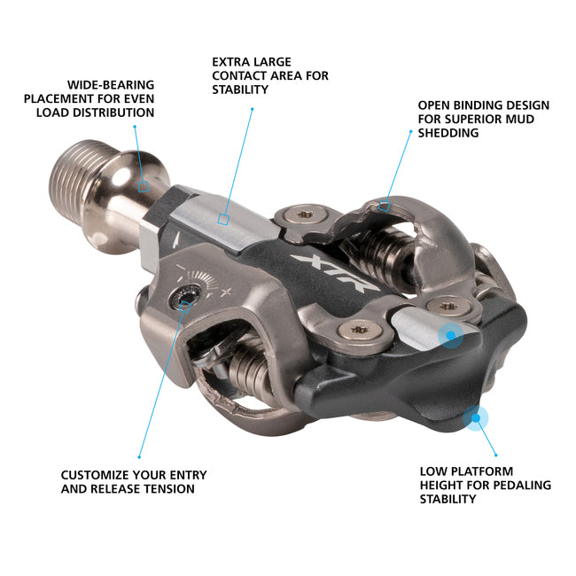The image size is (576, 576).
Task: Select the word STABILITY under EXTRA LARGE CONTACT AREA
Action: click(x=240, y=90)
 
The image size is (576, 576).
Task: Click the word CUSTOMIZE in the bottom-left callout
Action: click(x=97, y=475)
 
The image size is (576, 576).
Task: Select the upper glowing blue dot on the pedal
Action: click(x=451, y=336)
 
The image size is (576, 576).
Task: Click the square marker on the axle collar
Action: click(x=143, y=186)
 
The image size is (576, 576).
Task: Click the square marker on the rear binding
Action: click(x=384, y=206)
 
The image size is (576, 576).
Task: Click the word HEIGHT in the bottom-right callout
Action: click(x=443, y=486)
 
